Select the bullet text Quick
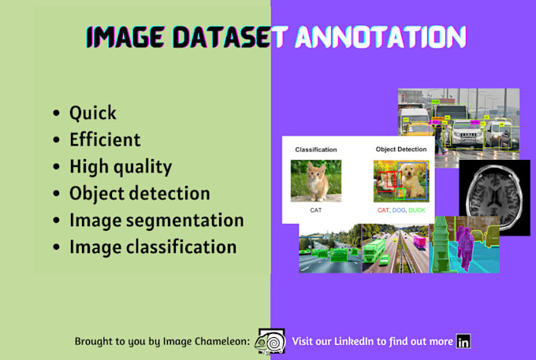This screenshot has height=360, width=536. (92, 113)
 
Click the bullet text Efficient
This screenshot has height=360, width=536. (105, 139)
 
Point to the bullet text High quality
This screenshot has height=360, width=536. (121, 166)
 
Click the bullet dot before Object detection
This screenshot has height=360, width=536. (56, 194)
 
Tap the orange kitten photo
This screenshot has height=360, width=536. (316, 180)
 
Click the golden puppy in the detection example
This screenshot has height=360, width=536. (411, 180)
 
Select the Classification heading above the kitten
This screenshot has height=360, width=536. (316, 149)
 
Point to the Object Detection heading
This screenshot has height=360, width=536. (400, 149)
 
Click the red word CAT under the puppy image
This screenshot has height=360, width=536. (383, 210)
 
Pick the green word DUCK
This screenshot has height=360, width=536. (417, 210)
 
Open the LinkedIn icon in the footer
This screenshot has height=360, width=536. (463, 341)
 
